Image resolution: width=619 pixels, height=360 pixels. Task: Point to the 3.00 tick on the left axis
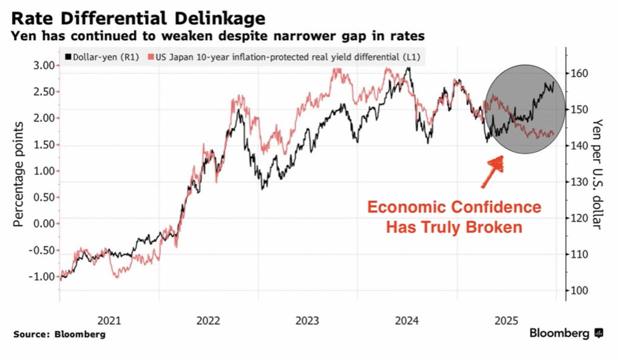(x=43, y=66)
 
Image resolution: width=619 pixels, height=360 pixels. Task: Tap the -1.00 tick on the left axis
(x=41, y=276)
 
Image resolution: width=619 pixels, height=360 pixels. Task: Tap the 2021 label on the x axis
(x=109, y=319)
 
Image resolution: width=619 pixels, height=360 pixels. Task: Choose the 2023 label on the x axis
(x=308, y=319)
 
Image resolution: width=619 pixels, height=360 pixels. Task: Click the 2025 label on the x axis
(x=506, y=319)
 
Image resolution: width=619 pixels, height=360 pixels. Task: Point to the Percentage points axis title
(x=19, y=174)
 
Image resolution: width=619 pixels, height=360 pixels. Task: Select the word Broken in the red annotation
(x=497, y=228)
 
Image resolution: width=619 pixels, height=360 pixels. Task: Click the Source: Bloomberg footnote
(x=59, y=334)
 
